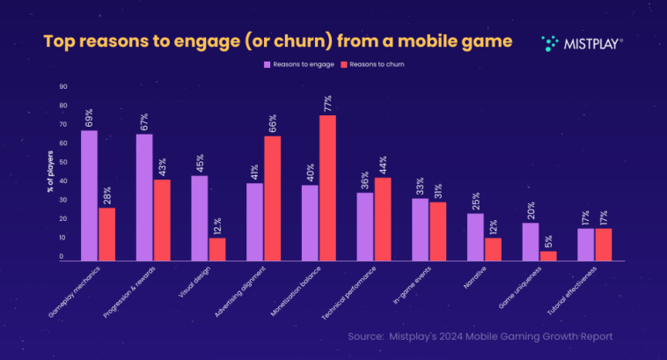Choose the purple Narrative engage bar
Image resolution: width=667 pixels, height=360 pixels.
pyautogui.click(x=475, y=237)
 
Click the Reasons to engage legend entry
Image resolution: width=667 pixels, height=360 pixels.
pyautogui.click(x=295, y=64)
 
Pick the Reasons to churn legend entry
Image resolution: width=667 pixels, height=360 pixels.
pyautogui.click(x=374, y=64)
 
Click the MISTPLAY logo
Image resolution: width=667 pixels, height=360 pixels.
pyautogui.click(x=582, y=41)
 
